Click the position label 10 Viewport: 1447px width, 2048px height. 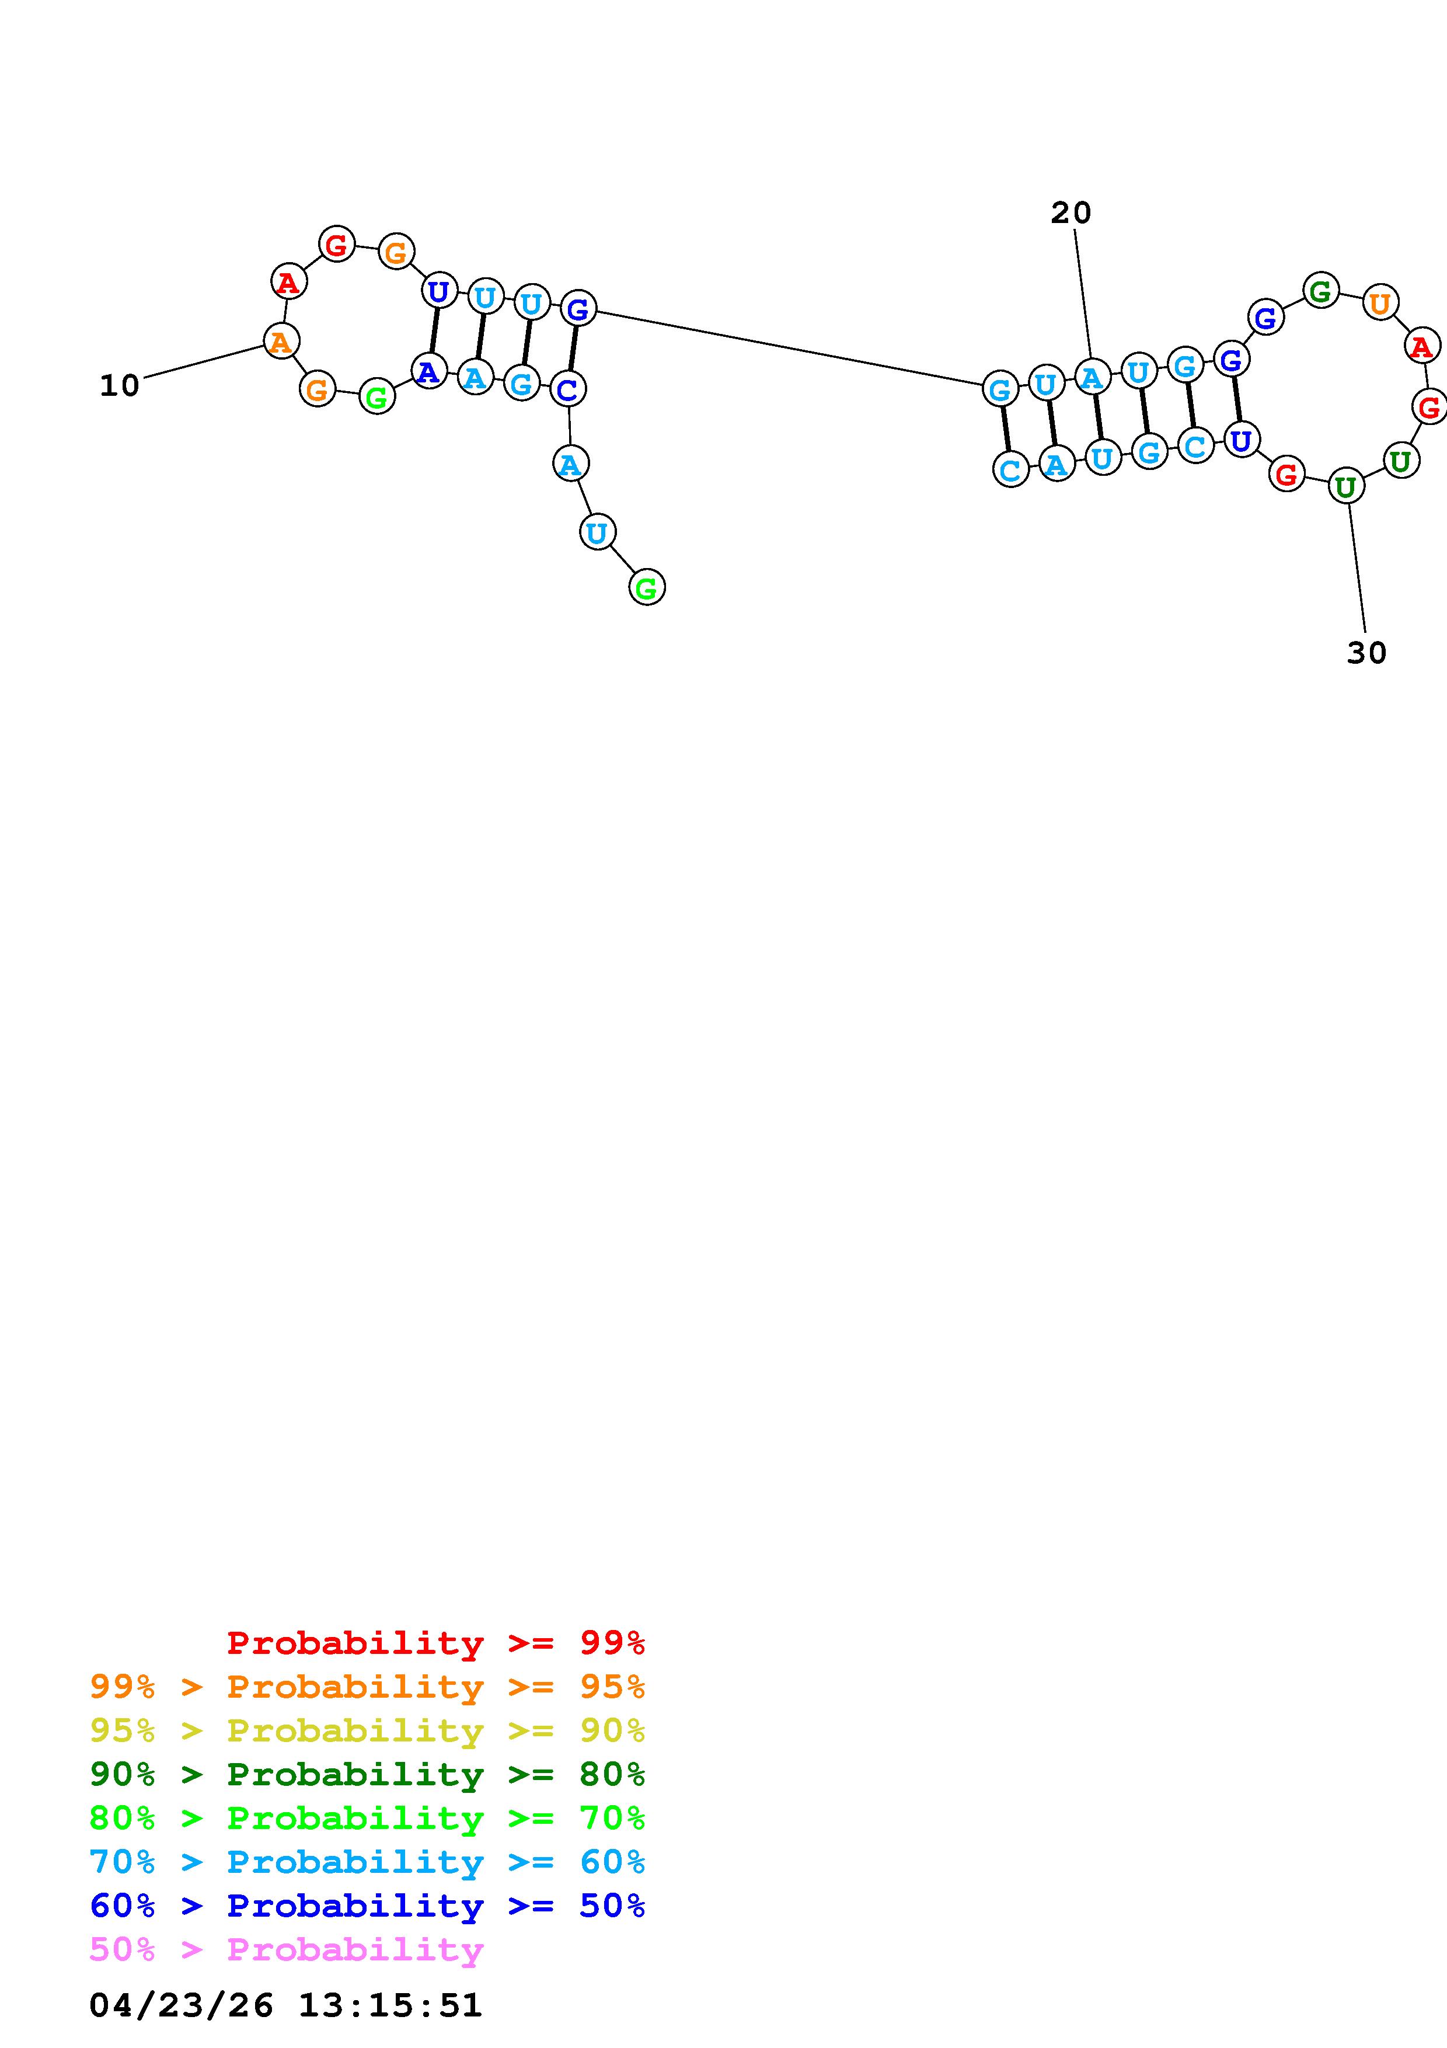point(120,386)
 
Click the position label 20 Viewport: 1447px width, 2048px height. point(1070,213)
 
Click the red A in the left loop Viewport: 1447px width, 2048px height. point(288,283)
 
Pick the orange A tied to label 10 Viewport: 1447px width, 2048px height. point(281,341)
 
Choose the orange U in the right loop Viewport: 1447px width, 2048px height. point(1379,303)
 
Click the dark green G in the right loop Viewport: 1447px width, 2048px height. point(1320,291)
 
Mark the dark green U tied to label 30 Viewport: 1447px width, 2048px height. point(1345,487)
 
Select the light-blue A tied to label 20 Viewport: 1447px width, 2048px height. point(1092,377)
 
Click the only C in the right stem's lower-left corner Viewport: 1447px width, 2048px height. point(1010,469)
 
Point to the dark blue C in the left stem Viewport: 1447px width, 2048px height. point(567,389)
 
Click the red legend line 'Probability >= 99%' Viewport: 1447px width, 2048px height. point(435,1643)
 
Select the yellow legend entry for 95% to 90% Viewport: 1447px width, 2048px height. point(367,1730)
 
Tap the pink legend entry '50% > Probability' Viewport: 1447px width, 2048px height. point(286,1949)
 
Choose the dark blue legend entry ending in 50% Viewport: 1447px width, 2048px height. point(367,1906)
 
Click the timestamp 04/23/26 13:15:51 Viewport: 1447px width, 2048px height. point(285,2005)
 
